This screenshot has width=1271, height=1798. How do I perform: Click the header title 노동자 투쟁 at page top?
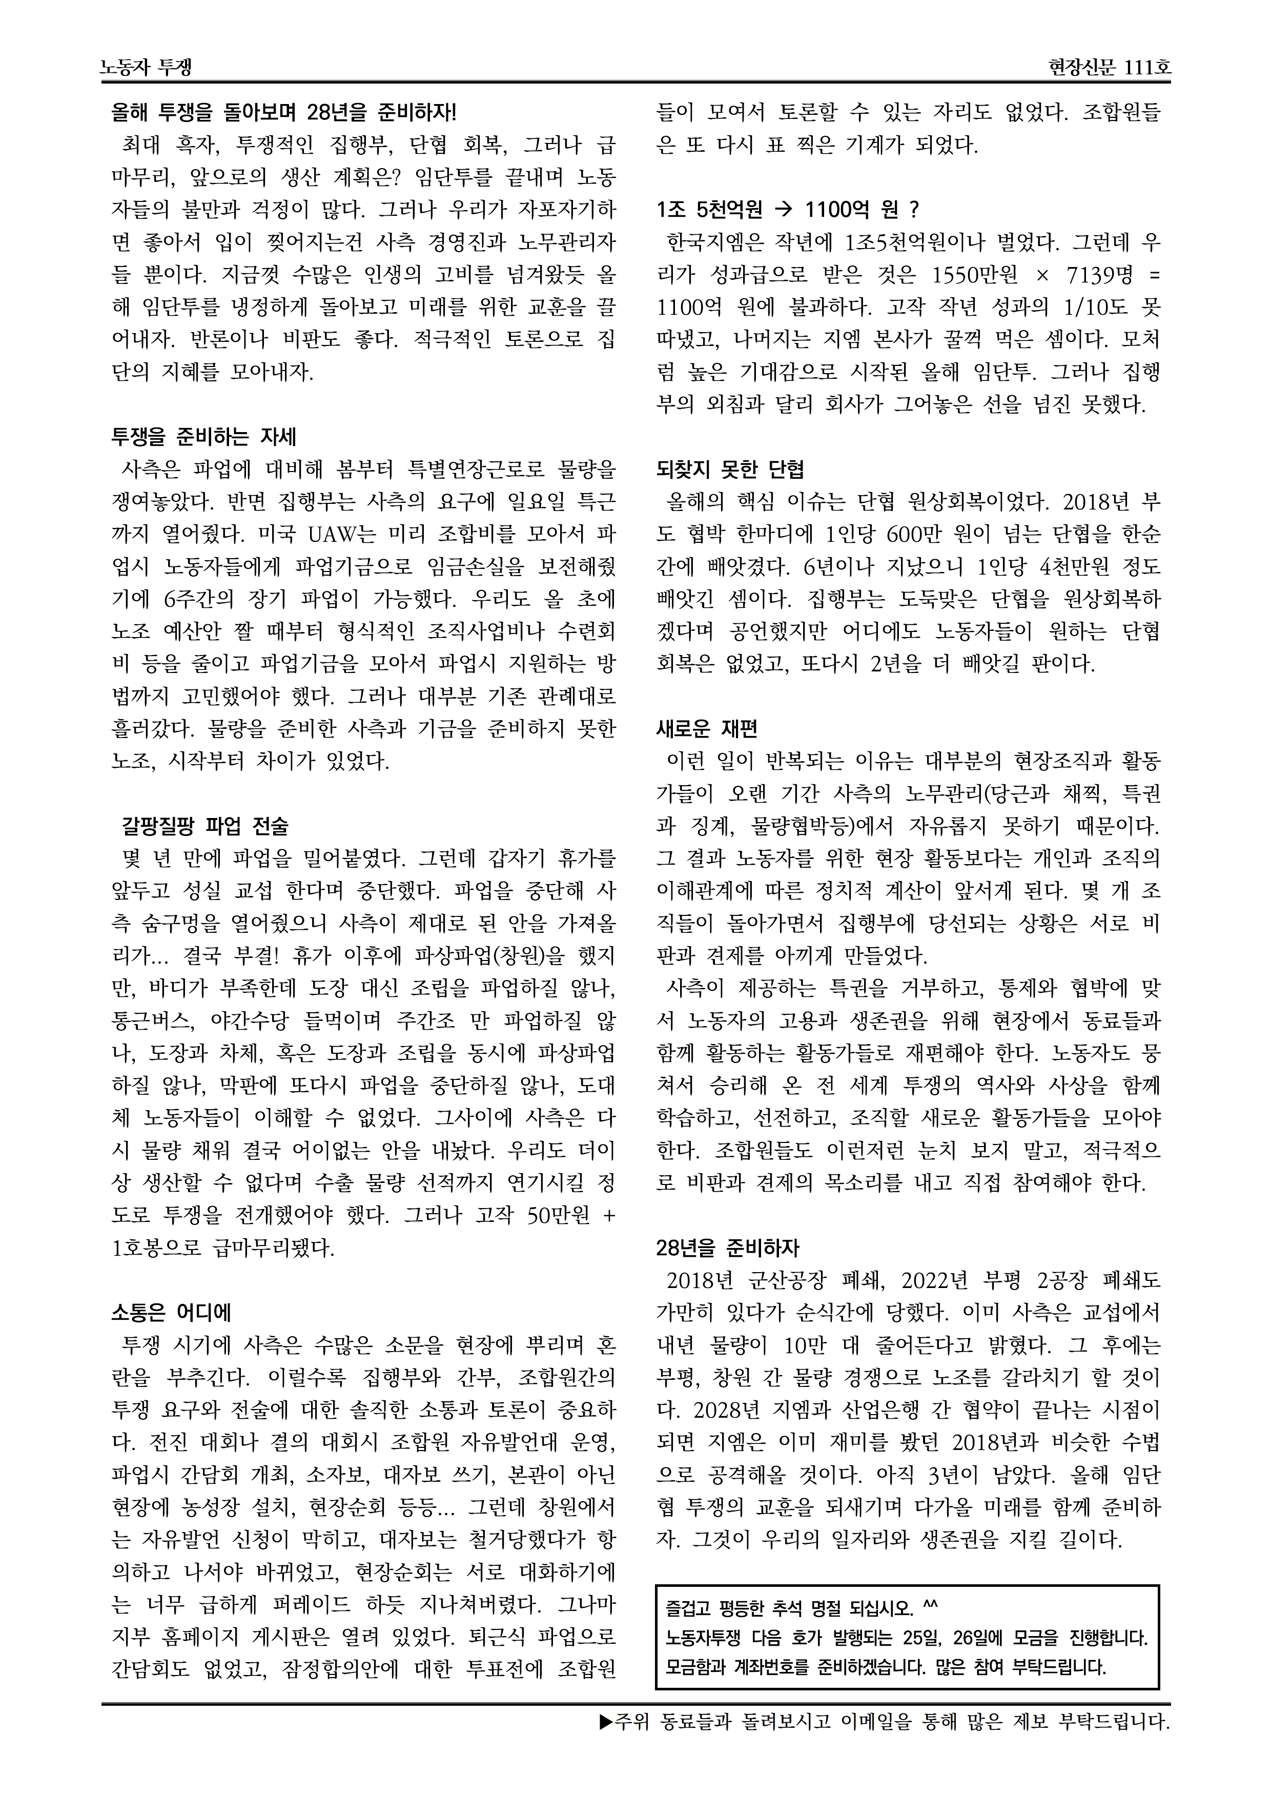tap(147, 68)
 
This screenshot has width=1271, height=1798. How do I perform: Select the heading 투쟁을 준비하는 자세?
tap(203, 436)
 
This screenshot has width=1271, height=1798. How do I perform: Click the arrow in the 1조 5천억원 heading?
tap(783, 210)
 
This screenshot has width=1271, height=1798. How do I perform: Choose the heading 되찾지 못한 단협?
tap(730, 469)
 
